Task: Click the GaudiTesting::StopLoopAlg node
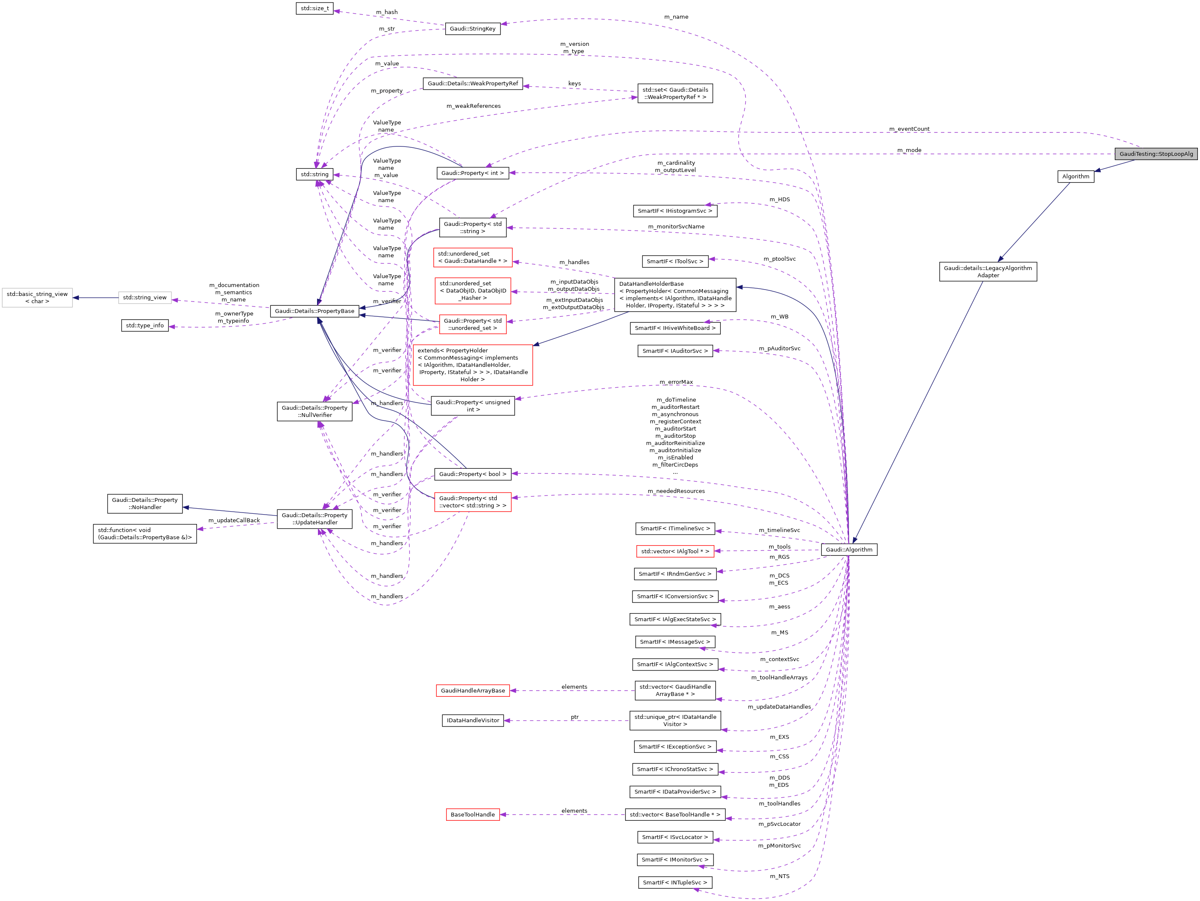[x=1155, y=154]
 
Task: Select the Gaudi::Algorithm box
[x=849, y=550]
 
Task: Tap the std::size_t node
[x=315, y=8]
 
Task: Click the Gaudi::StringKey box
[x=472, y=29]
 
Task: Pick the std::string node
[x=315, y=174]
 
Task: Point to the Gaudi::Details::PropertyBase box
[x=315, y=311]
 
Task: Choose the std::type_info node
[x=145, y=326]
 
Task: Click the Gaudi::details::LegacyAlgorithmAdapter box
[x=988, y=272]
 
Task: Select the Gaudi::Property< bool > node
[x=472, y=474]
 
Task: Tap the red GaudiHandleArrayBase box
[x=472, y=691]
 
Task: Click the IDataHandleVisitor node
[x=472, y=721]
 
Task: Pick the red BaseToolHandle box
[x=472, y=815]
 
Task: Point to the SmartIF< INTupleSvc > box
[x=675, y=883]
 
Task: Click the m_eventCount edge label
[x=909, y=129]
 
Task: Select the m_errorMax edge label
[x=676, y=382]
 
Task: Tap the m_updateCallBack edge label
[x=234, y=521]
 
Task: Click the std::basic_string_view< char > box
[x=37, y=298]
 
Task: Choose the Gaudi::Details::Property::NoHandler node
[x=145, y=504]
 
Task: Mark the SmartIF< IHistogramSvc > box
[x=675, y=211]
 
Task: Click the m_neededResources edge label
[x=676, y=491]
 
